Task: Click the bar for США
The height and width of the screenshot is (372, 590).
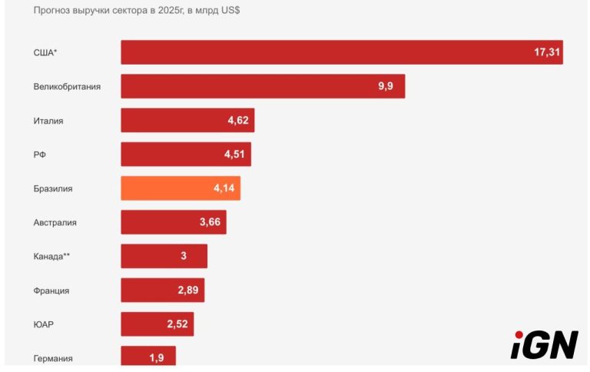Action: [x=342, y=52]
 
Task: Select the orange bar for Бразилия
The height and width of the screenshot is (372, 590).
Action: [x=181, y=188]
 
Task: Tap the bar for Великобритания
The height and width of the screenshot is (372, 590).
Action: [x=263, y=86]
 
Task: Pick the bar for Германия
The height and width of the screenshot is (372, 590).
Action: [x=148, y=357]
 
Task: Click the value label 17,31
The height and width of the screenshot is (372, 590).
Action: [x=547, y=52]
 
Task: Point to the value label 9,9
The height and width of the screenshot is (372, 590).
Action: [x=386, y=86]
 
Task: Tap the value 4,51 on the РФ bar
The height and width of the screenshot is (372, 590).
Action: [x=234, y=154]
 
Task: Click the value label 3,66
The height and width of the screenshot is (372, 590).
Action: [x=210, y=222]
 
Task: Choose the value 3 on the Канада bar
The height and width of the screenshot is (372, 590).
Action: [x=184, y=256]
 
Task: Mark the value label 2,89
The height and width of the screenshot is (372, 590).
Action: [x=188, y=291]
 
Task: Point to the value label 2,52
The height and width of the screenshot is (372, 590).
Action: [x=177, y=324]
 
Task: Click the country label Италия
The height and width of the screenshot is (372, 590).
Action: [x=48, y=121]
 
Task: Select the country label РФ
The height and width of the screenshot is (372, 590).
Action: [x=41, y=154]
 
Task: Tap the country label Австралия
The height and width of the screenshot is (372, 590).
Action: [x=55, y=222]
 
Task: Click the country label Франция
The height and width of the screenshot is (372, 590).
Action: [x=51, y=291]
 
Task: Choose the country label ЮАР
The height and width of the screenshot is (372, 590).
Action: [x=44, y=324]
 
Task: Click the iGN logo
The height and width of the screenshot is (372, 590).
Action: [x=544, y=345]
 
